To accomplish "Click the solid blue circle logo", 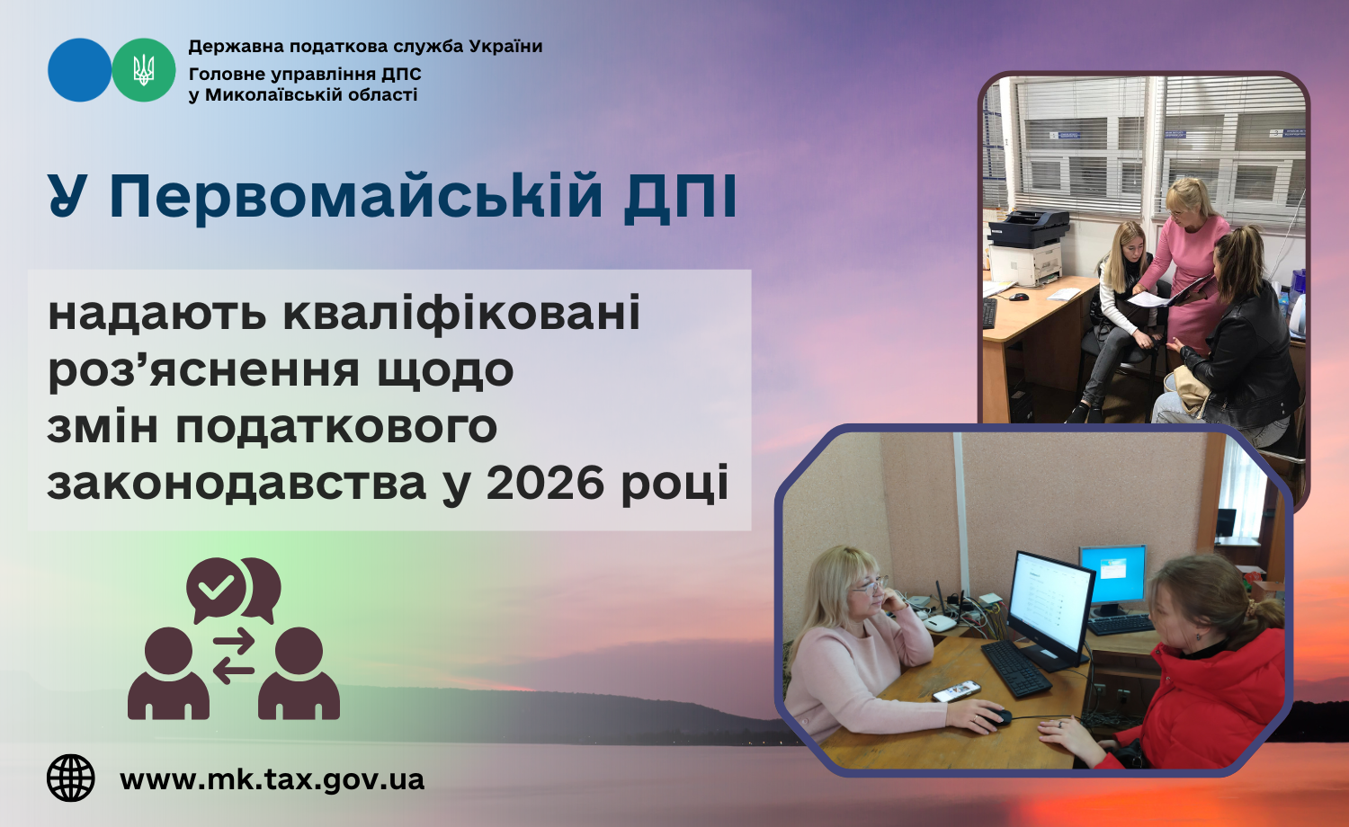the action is [79, 70].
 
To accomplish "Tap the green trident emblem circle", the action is [144, 70].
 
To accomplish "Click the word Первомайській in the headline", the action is [355, 197].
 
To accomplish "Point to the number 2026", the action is [544, 483].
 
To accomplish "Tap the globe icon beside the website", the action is [71, 778].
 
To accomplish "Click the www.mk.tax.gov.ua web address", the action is [272, 780].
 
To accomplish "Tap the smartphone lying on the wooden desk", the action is [956, 691].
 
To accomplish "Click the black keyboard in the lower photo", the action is [1016, 668].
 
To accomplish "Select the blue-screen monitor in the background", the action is [1112, 574].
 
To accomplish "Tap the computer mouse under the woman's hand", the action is [996, 716].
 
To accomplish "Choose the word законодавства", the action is [237, 483].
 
